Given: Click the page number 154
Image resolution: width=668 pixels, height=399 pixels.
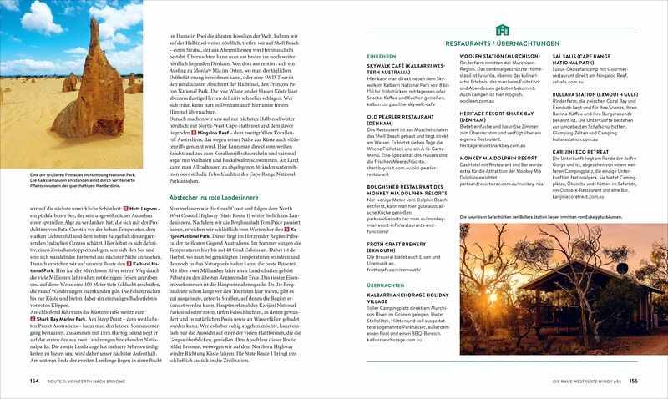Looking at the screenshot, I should pos(34,381).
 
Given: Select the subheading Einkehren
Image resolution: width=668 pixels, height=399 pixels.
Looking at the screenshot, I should pos(382,56).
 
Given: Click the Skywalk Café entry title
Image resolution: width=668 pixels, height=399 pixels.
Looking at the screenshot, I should pos(405,68).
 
